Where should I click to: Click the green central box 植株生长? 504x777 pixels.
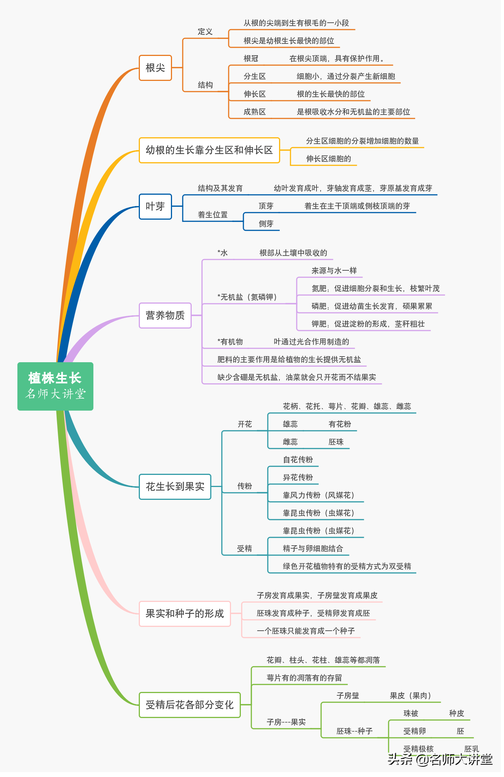[x=55, y=386]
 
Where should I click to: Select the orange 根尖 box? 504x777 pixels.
[x=155, y=68]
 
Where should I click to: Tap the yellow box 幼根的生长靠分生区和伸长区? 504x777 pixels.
[x=209, y=150]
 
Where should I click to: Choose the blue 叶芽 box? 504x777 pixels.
[x=155, y=206]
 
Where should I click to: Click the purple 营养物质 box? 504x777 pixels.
[x=165, y=315]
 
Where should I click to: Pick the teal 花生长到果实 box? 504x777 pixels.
[x=175, y=487]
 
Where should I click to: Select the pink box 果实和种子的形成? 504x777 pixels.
[x=185, y=614]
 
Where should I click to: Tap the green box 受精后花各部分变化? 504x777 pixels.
[x=190, y=705]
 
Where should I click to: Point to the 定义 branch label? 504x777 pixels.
[x=205, y=32]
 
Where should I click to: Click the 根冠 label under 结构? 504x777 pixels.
[x=251, y=59]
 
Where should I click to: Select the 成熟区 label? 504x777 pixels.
[x=254, y=112]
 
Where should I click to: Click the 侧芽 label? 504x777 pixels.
[x=266, y=224]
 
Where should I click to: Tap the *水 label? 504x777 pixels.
[x=223, y=253]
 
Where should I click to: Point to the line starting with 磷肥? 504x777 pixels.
[x=372, y=306]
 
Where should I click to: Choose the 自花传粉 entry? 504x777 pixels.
[x=298, y=460]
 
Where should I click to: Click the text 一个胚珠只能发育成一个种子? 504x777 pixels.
[x=306, y=631]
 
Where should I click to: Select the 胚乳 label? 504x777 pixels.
[x=471, y=749]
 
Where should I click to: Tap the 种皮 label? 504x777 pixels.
[x=456, y=713]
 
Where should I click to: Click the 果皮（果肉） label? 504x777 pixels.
[x=410, y=696]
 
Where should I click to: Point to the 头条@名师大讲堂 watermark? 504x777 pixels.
[x=440, y=759]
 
